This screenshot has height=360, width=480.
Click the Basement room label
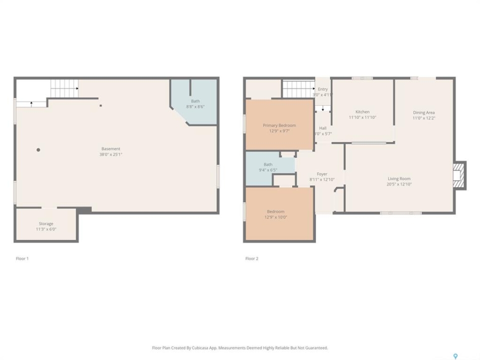[x=111, y=149]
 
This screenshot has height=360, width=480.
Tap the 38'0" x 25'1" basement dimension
[x=111, y=154]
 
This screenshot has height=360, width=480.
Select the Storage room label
[x=46, y=224]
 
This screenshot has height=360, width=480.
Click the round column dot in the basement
[x=38, y=149]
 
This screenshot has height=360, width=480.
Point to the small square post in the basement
[x=100, y=105]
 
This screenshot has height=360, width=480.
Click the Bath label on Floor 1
[x=195, y=101]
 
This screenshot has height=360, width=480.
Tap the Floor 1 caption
[x=22, y=258]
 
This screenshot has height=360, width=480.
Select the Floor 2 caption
[x=252, y=258]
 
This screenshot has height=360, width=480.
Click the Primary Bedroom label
[x=279, y=125]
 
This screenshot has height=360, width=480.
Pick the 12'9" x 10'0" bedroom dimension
[x=276, y=217]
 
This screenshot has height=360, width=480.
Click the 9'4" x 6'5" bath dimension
[x=268, y=170]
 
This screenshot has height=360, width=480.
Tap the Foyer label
[x=322, y=174]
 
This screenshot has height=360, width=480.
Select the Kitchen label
[x=362, y=111]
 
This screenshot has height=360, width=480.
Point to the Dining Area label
[x=424, y=112]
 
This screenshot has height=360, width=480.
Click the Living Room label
[x=399, y=178]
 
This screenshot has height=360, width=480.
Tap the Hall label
[x=323, y=128]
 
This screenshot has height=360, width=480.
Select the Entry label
[x=322, y=89]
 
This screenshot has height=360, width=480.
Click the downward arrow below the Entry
[x=322, y=108]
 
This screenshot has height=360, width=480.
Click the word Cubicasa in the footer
[x=200, y=348]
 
